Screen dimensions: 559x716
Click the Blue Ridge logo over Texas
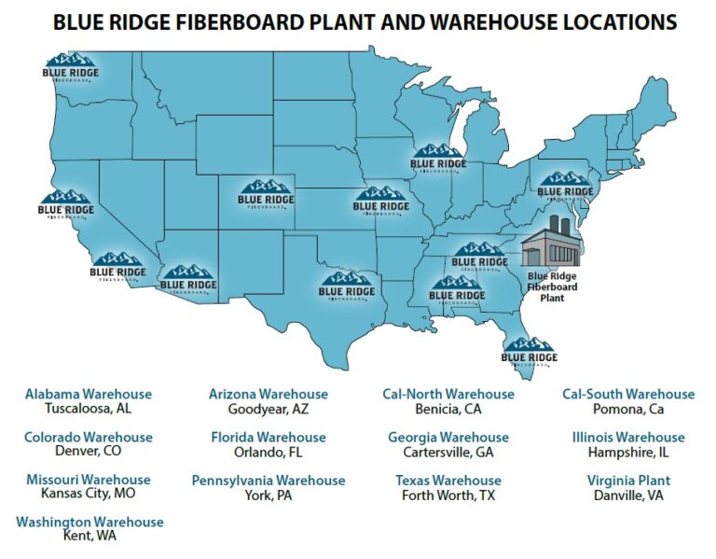point(347,286)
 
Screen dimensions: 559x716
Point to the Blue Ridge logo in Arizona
point(187,279)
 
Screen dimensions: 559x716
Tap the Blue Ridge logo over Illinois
point(438,159)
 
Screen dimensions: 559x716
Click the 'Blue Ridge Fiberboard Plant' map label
point(552,286)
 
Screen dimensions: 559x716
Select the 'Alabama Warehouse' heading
point(89,394)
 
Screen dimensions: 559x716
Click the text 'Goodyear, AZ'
point(268,409)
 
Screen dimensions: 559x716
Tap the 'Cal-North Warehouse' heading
point(448,394)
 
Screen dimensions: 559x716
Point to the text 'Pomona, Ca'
point(628,409)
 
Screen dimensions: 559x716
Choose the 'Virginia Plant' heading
point(627,480)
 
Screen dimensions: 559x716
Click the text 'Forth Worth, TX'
point(448,496)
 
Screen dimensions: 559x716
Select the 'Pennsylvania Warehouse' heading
point(268,480)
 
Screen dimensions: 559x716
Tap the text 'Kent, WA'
point(89,538)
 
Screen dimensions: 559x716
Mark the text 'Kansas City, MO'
point(89,496)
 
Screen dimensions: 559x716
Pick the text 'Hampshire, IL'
point(628,453)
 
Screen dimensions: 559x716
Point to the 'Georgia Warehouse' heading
point(448,437)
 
